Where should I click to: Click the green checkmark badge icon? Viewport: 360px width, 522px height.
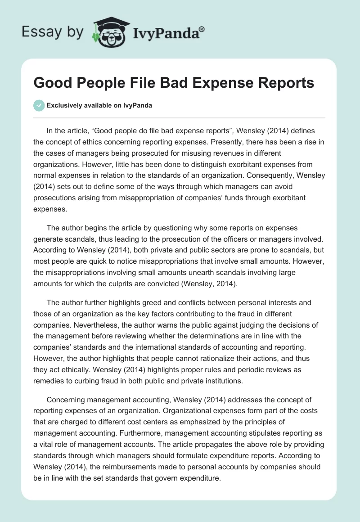(39, 106)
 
